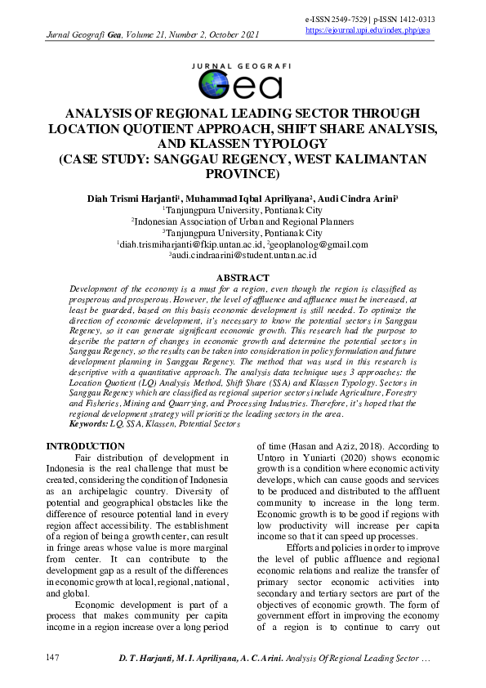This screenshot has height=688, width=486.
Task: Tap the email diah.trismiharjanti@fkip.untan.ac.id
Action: coord(191,244)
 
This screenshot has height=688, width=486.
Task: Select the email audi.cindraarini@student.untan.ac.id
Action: coord(243,256)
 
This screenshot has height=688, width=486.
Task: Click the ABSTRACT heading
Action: coord(242,279)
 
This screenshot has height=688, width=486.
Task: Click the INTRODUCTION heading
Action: coord(85,446)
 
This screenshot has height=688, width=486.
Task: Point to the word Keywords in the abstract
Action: coord(89,425)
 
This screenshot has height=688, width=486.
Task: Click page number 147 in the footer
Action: coord(53,658)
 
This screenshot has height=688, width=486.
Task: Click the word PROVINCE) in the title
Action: coord(242,174)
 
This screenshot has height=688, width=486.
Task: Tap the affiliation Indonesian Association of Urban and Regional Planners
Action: coord(243,221)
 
